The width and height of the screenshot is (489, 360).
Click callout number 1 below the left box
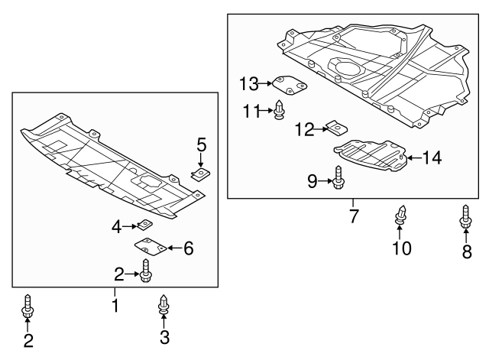(x=115, y=306)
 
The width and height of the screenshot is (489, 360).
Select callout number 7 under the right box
(x=354, y=216)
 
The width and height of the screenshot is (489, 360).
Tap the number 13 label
(x=249, y=83)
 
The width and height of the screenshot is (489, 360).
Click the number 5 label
(x=202, y=144)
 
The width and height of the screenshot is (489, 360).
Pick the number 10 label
(x=400, y=248)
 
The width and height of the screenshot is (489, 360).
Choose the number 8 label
(x=466, y=251)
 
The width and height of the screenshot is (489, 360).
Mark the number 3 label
(x=164, y=336)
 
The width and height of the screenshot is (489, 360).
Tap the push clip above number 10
(x=400, y=216)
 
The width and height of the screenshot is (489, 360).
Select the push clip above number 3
(x=164, y=305)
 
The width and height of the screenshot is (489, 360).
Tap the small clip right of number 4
(x=144, y=225)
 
